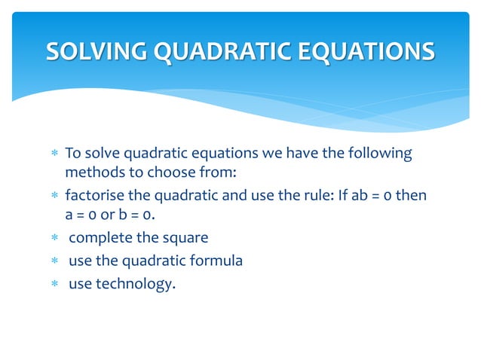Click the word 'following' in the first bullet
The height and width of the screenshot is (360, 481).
coord(381,154)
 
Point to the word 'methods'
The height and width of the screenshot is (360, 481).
coord(89,174)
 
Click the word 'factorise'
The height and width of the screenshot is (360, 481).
coord(93,197)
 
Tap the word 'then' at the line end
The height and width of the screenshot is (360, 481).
coord(412,197)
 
